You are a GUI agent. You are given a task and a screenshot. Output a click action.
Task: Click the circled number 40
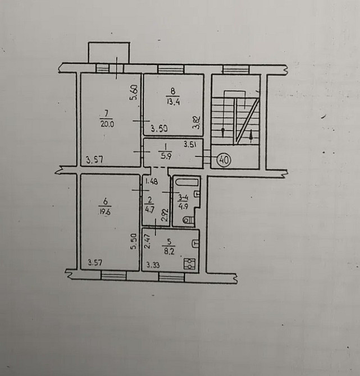(224, 160)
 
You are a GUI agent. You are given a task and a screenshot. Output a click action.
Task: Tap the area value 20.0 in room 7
(107, 124)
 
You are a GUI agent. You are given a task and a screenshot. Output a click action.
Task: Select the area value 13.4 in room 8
(174, 102)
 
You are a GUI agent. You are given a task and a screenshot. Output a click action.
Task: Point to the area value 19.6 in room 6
(104, 212)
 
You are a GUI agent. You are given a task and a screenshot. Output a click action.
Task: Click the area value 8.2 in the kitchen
(169, 251)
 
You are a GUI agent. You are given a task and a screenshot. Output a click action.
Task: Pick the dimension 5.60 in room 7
(134, 93)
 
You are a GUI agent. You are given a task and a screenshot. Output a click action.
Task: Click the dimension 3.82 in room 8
(197, 123)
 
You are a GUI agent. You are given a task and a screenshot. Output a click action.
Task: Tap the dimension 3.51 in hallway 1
(190, 144)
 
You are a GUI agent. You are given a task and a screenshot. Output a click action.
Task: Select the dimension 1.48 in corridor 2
(152, 181)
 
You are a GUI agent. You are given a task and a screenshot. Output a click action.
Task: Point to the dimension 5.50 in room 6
(134, 241)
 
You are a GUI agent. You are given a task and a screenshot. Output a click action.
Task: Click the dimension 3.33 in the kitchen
(153, 265)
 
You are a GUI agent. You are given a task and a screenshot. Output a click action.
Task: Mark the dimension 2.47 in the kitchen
(147, 241)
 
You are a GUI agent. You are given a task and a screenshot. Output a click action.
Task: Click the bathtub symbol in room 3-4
(187, 182)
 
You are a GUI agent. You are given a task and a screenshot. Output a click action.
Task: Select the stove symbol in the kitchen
(189, 264)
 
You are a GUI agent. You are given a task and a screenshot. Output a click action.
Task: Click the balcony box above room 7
(109, 53)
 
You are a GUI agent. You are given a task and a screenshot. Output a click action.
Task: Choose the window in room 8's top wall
(171, 70)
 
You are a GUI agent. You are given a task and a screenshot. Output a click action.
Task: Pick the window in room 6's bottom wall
(114, 276)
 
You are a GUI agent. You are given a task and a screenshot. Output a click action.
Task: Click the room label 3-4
(183, 198)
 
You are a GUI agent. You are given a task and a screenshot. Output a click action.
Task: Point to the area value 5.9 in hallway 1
(166, 157)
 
